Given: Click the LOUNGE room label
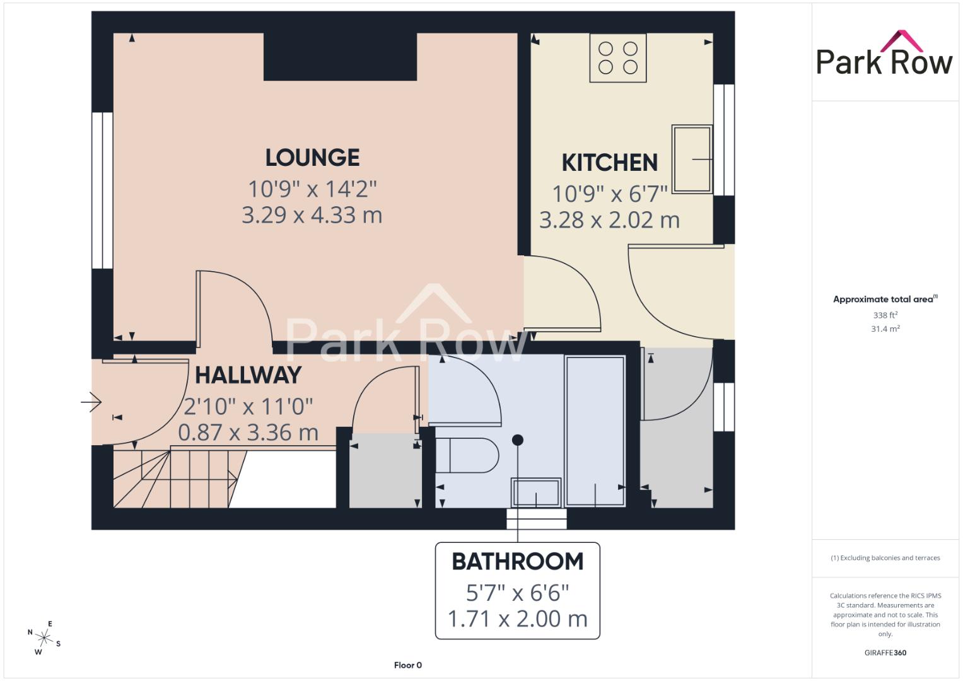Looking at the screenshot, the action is [313, 158].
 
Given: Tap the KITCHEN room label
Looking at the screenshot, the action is [610, 163].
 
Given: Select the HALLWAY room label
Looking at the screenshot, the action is [248, 375].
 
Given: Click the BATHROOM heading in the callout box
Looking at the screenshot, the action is [518, 561].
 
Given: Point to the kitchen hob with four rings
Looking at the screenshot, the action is [618, 57].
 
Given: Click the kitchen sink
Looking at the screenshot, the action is [692, 159].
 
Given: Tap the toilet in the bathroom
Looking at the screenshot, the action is [467, 455].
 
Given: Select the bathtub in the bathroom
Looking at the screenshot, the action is [595, 431].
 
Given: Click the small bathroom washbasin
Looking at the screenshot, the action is [536, 492].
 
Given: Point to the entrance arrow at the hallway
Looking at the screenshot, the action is [91, 402].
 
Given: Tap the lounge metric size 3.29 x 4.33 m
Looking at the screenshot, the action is [312, 215].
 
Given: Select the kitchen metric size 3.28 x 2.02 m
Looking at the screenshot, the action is [610, 220].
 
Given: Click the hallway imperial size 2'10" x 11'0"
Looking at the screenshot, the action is [248, 406].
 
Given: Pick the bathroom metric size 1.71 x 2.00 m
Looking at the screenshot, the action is [518, 619].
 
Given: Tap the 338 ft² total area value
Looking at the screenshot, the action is [885, 315].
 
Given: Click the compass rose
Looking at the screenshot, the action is [44, 638].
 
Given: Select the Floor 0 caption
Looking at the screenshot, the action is [408, 665].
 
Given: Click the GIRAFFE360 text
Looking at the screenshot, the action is [885, 653].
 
